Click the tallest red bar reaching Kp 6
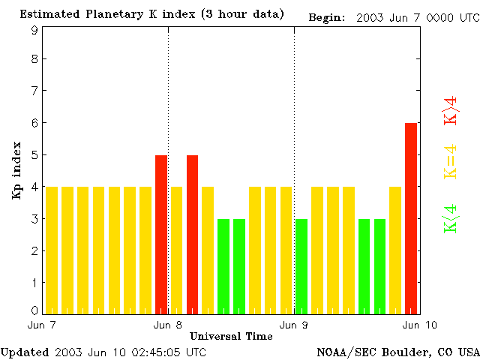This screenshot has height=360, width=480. tap(411, 217)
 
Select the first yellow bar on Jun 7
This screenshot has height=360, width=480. tap(52, 250)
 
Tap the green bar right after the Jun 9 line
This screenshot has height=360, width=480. tap(301, 265)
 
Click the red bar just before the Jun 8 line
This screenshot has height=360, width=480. tap(161, 234)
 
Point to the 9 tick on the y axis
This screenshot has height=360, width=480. tap(34, 31)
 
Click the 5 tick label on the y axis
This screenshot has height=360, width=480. tap(34, 155)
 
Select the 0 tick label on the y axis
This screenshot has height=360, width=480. tap(34, 310)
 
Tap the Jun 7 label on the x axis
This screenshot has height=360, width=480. tap(42, 325)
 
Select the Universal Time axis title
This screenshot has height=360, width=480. tap(231, 336)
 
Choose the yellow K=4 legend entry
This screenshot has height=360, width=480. tap(451, 162)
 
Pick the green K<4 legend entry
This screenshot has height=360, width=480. tap(451, 219)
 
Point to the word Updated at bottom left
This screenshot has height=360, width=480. tap(25, 352)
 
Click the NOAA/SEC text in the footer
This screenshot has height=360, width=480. tap(342, 352)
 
